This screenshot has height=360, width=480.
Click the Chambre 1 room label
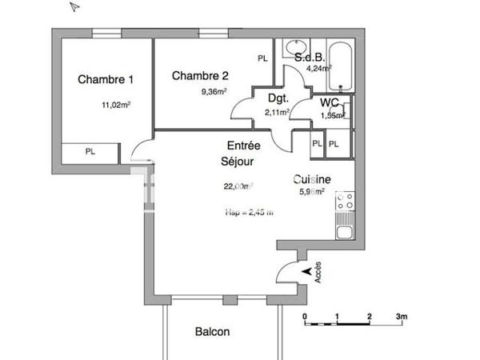(x=106, y=79)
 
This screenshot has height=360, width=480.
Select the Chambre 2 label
(x=200, y=76)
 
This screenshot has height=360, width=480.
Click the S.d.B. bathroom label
(x=309, y=58)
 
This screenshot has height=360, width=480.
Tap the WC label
(x=329, y=102)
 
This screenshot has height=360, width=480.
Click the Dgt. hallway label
(x=278, y=98)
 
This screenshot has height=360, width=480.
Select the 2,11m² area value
(x=277, y=113)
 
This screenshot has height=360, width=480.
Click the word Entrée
(x=244, y=146)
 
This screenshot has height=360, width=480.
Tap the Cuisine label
(x=312, y=179)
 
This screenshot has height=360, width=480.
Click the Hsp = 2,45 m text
(x=250, y=212)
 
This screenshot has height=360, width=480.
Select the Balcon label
(x=213, y=332)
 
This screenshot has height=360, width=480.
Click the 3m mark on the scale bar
(x=402, y=317)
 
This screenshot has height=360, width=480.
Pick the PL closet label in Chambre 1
(x=90, y=151)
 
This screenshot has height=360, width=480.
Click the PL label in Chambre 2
(x=262, y=58)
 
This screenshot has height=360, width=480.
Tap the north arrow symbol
(x=74, y=7)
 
